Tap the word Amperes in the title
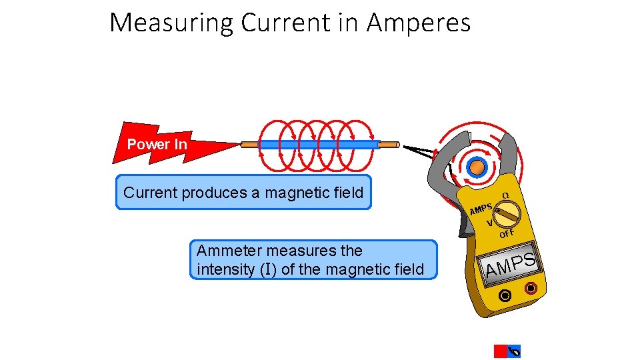[419, 23]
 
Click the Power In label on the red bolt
[157, 145]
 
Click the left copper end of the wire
[249, 144]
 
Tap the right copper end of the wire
[389, 144]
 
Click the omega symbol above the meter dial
[505, 195]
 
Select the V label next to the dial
[490, 223]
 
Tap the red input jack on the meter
[531, 289]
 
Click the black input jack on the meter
[506, 295]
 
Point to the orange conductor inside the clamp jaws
[476, 167]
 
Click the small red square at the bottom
[500, 351]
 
